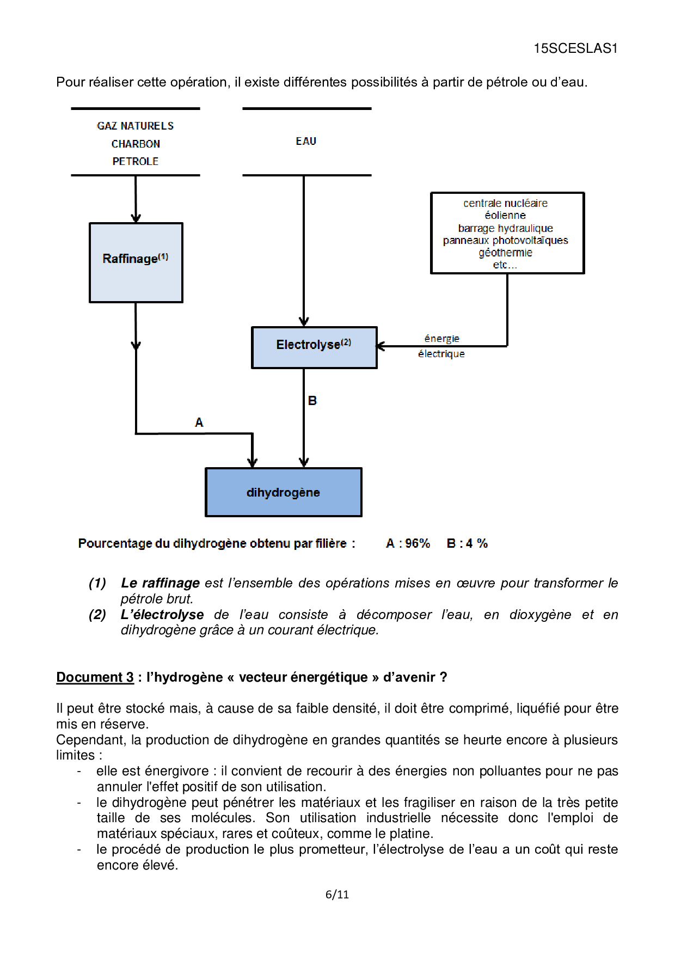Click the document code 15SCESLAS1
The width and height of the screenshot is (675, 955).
[575, 48]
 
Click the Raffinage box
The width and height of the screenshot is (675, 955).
[136, 262]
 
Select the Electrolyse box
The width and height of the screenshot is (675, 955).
[314, 347]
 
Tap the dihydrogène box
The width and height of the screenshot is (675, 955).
[283, 492]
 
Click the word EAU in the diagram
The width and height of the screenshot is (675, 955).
[306, 142]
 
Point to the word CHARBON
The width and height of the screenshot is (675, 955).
[136, 144]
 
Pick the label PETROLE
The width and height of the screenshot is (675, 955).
[136, 162]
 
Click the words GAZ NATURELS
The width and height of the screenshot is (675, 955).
[136, 126]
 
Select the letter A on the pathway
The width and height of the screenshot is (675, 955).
[199, 423]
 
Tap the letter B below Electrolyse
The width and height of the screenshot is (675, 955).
[312, 401]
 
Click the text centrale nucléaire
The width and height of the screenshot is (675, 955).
[505, 203]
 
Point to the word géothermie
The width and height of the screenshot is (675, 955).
[505, 253]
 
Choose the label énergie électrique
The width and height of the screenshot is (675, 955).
[441, 346]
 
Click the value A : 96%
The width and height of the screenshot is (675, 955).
[408, 543]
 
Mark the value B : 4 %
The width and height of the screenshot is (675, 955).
[467, 543]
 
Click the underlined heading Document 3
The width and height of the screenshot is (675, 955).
[95, 677]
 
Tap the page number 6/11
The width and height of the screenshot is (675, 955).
[337, 895]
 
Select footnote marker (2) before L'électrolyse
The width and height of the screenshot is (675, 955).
[97, 615]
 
